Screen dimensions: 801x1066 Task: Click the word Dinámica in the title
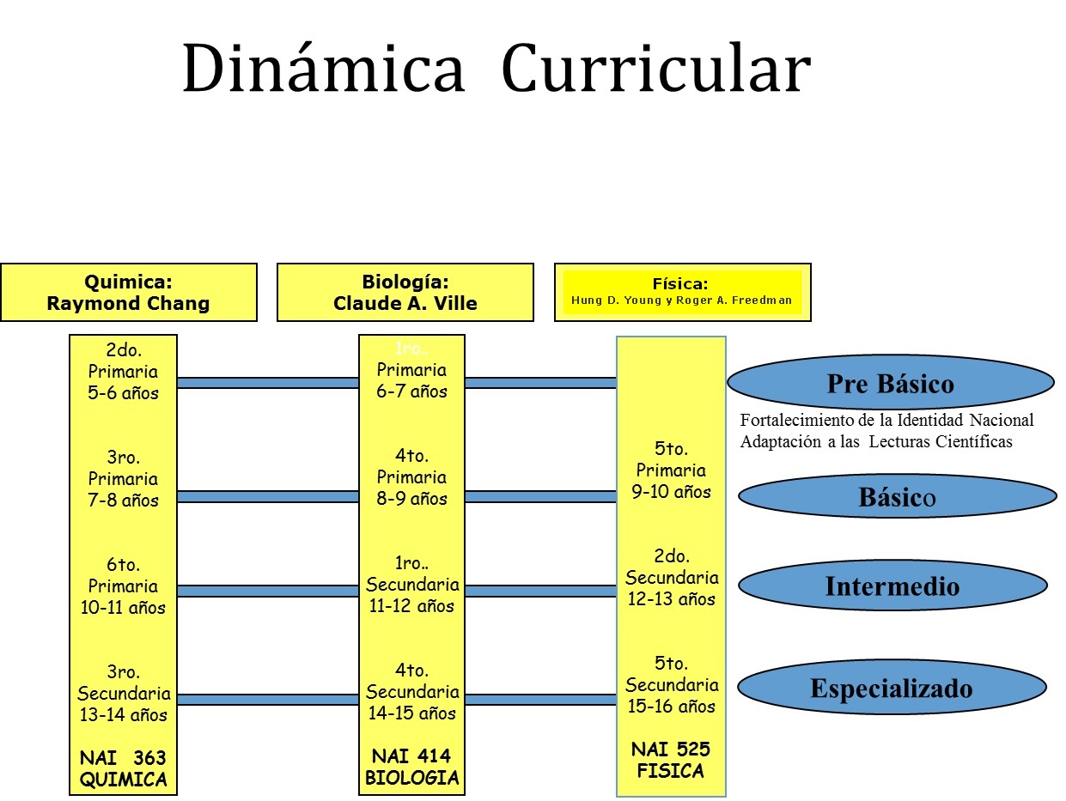(323, 70)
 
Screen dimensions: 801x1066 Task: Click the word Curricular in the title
(655, 70)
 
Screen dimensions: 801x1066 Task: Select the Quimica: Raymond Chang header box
(129, 292)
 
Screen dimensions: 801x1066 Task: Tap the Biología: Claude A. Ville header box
(405, 292)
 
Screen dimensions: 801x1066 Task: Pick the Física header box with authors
(682, 292)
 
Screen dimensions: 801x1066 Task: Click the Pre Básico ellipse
(890, 383)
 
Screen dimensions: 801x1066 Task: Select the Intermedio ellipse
(892, 586)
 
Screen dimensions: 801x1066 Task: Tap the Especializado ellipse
(892, 689)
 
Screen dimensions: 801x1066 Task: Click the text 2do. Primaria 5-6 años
(124, 372)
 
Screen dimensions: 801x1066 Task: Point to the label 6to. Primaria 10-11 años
(124, 586)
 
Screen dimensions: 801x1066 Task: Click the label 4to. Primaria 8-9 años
(411, 476)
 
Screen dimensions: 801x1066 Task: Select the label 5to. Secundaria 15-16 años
(671, 684)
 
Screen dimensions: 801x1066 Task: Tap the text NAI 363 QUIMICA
(123, 768)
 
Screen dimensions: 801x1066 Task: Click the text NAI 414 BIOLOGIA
(411, 768)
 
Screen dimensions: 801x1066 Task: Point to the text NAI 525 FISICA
(671, 760)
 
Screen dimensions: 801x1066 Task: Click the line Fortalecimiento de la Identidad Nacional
(886, 421)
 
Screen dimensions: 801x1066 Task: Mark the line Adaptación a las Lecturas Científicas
(876, 442)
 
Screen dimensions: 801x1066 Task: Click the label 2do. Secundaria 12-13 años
(671, 577)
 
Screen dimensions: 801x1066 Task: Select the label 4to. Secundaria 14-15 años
(411, 691)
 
